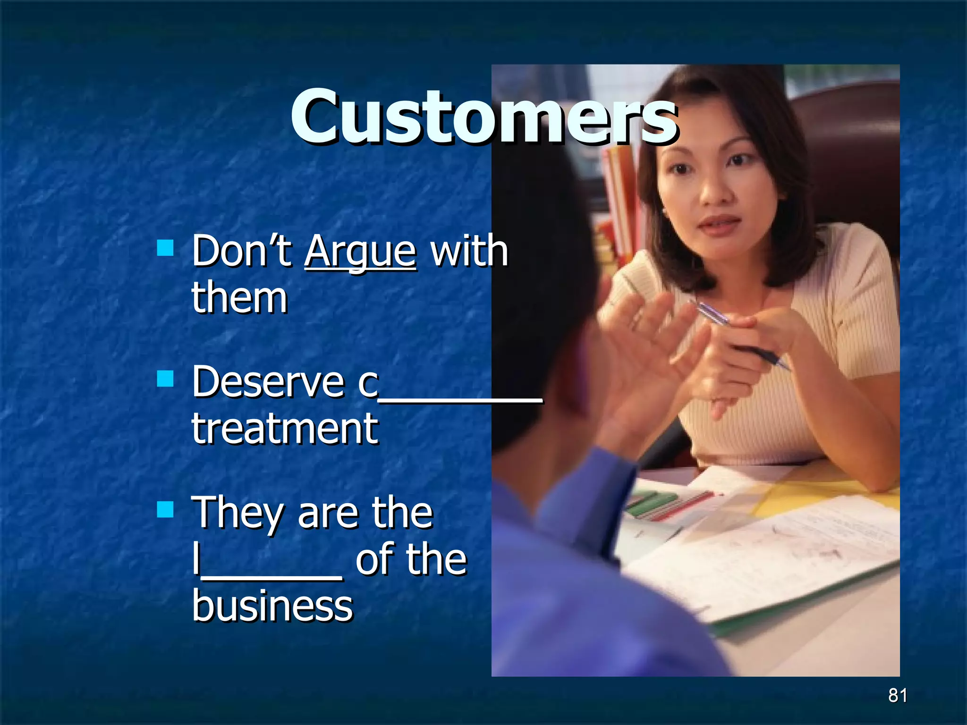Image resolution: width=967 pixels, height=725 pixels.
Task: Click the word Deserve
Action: tap(268, 382)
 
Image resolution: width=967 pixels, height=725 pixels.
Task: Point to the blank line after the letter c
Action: tap(460, 399)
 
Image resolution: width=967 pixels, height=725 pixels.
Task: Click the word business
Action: tap(272, 606)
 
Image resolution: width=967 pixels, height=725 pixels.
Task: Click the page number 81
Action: tap(898, 695)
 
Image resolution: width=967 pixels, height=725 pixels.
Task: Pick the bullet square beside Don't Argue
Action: tap(165, 247)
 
